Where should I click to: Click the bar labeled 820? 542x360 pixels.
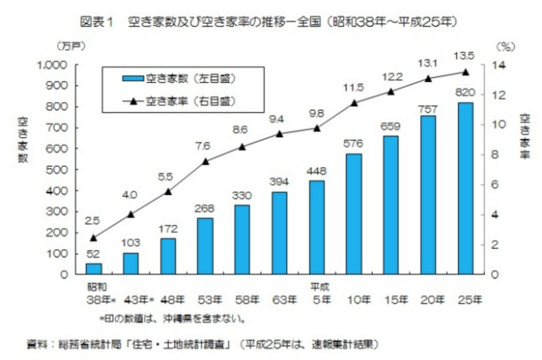(x=465, y=188)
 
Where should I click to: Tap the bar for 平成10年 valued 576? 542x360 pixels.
(x=354, y=214)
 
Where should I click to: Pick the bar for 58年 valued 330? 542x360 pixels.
(x=242, y=239)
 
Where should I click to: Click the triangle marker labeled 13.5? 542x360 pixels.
(x=465, y=72)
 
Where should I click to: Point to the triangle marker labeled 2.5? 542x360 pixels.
(x=94, y=238)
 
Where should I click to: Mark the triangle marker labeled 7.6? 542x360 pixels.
(x=205, y=161)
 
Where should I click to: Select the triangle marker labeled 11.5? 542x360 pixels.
(x=354, y=103)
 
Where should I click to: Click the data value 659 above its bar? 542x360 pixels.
(x=391, y=127)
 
